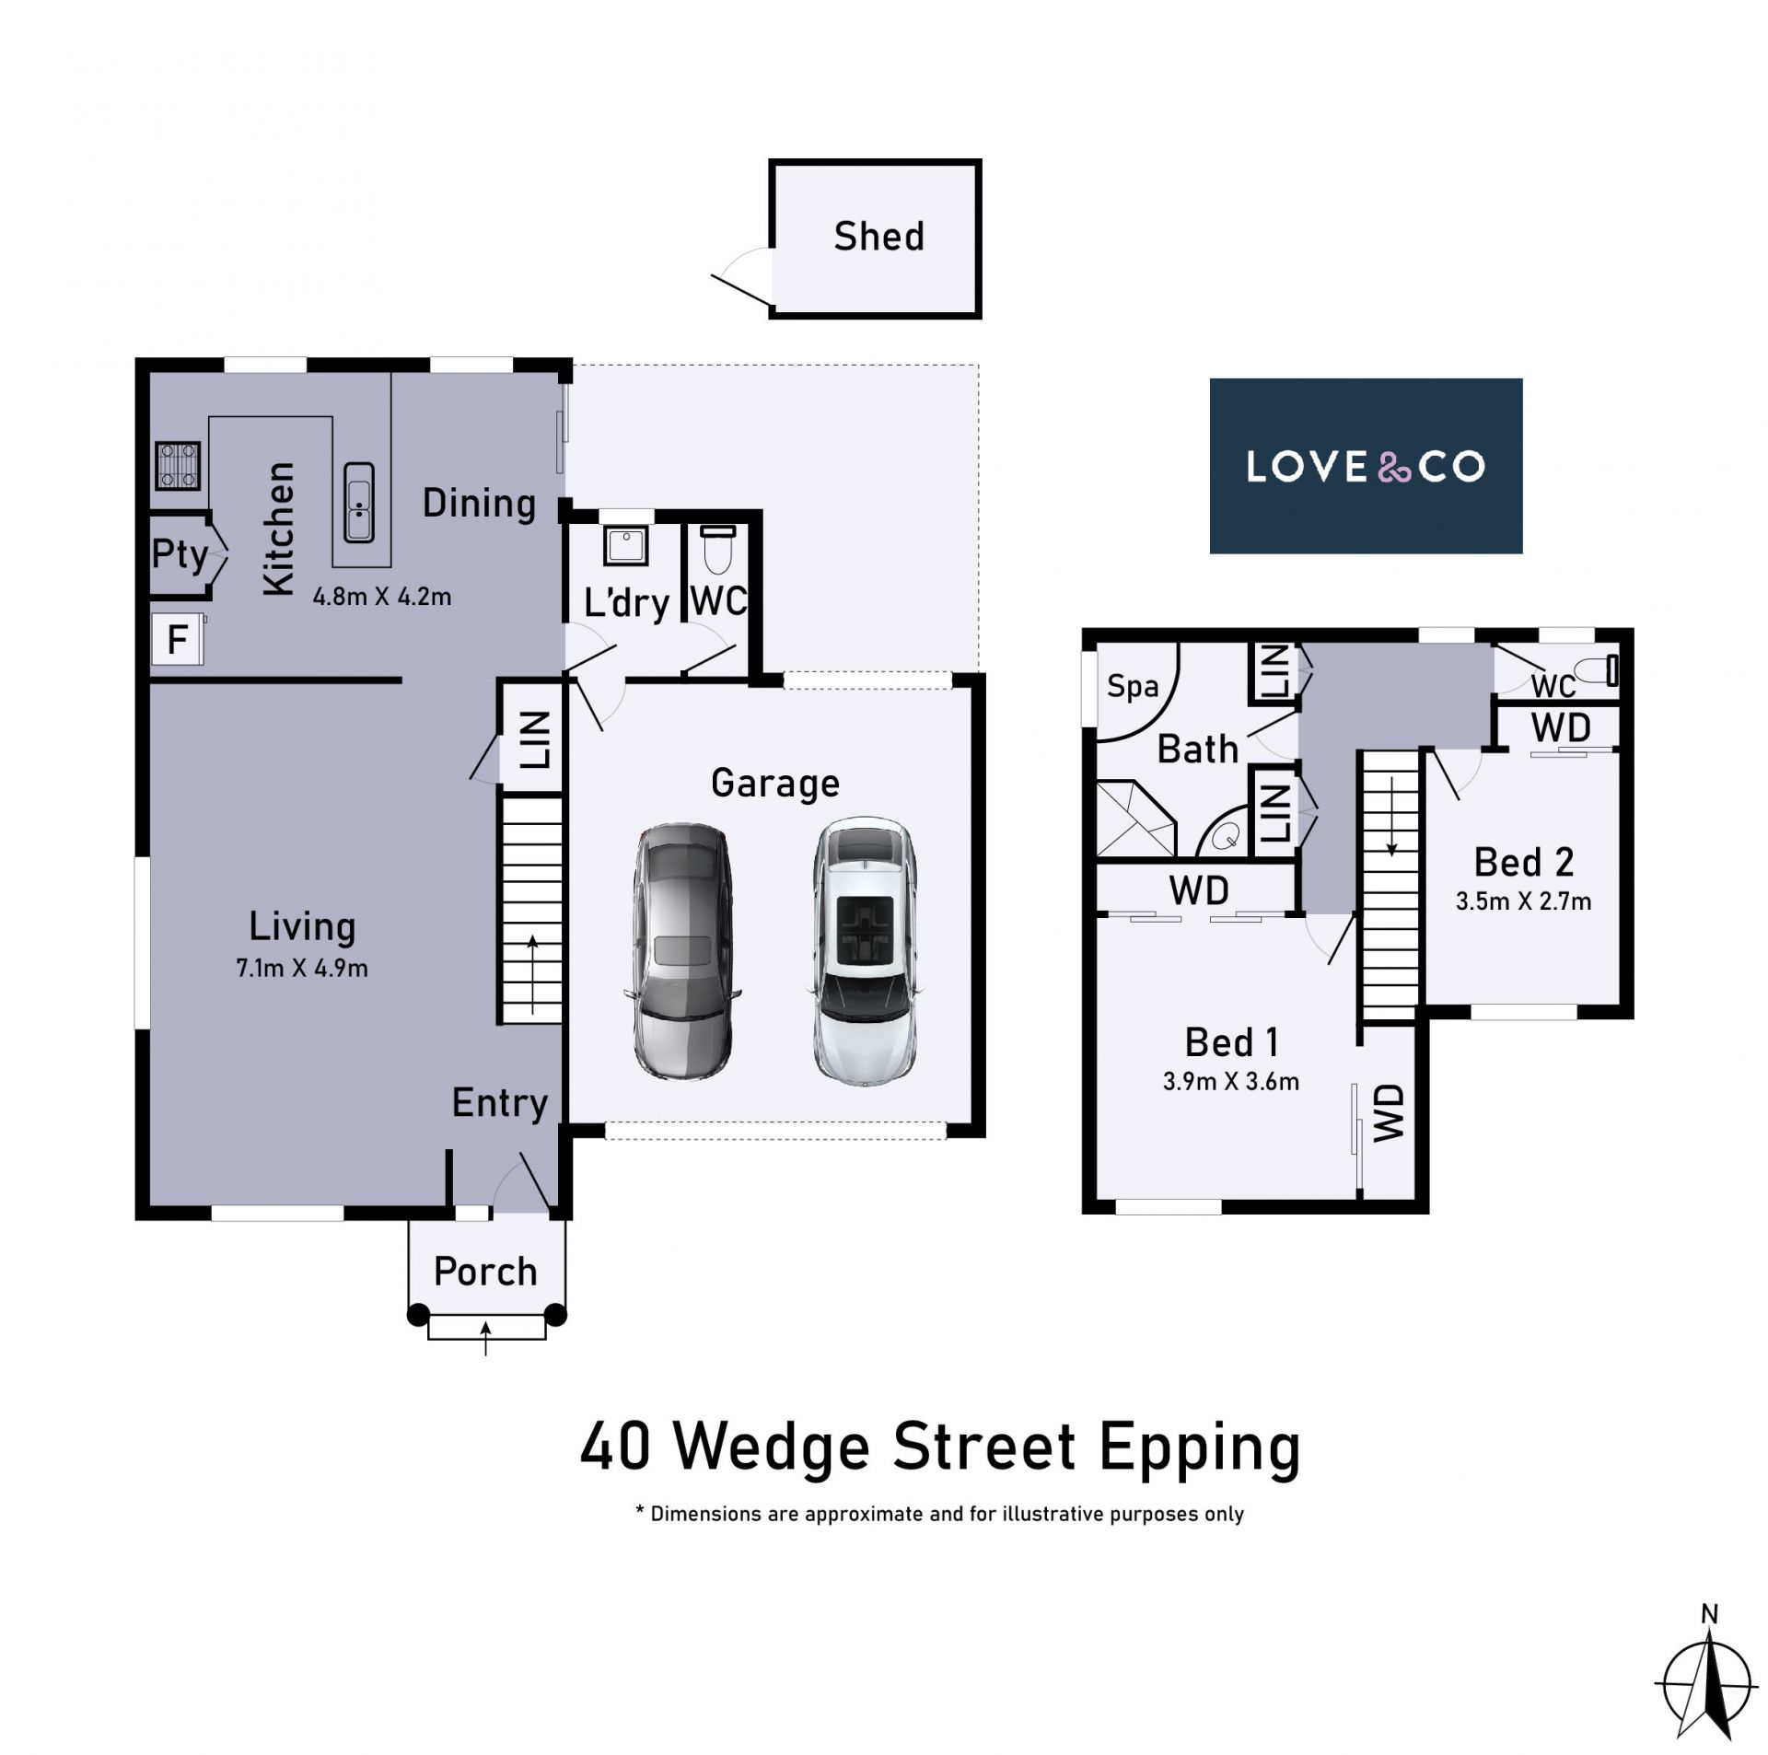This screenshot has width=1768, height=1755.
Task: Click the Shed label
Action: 878,237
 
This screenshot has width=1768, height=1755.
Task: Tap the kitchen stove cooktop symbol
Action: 178,466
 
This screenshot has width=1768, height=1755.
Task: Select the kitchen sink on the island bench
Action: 359,502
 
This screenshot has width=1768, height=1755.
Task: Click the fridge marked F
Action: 178,638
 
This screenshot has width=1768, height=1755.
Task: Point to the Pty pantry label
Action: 180,554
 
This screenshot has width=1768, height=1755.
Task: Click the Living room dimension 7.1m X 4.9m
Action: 302,969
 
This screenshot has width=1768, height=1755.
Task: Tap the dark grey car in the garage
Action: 682,951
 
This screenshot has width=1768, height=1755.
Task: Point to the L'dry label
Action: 626,603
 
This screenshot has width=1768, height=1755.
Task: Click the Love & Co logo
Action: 1366,466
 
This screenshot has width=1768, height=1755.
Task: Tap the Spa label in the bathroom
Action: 1133,687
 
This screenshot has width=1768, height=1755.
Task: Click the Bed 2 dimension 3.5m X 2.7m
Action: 1523,901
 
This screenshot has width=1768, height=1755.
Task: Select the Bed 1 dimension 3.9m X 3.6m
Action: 1231,1082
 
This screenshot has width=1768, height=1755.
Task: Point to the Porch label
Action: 485,1272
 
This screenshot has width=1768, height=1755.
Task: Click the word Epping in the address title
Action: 1199,1448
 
